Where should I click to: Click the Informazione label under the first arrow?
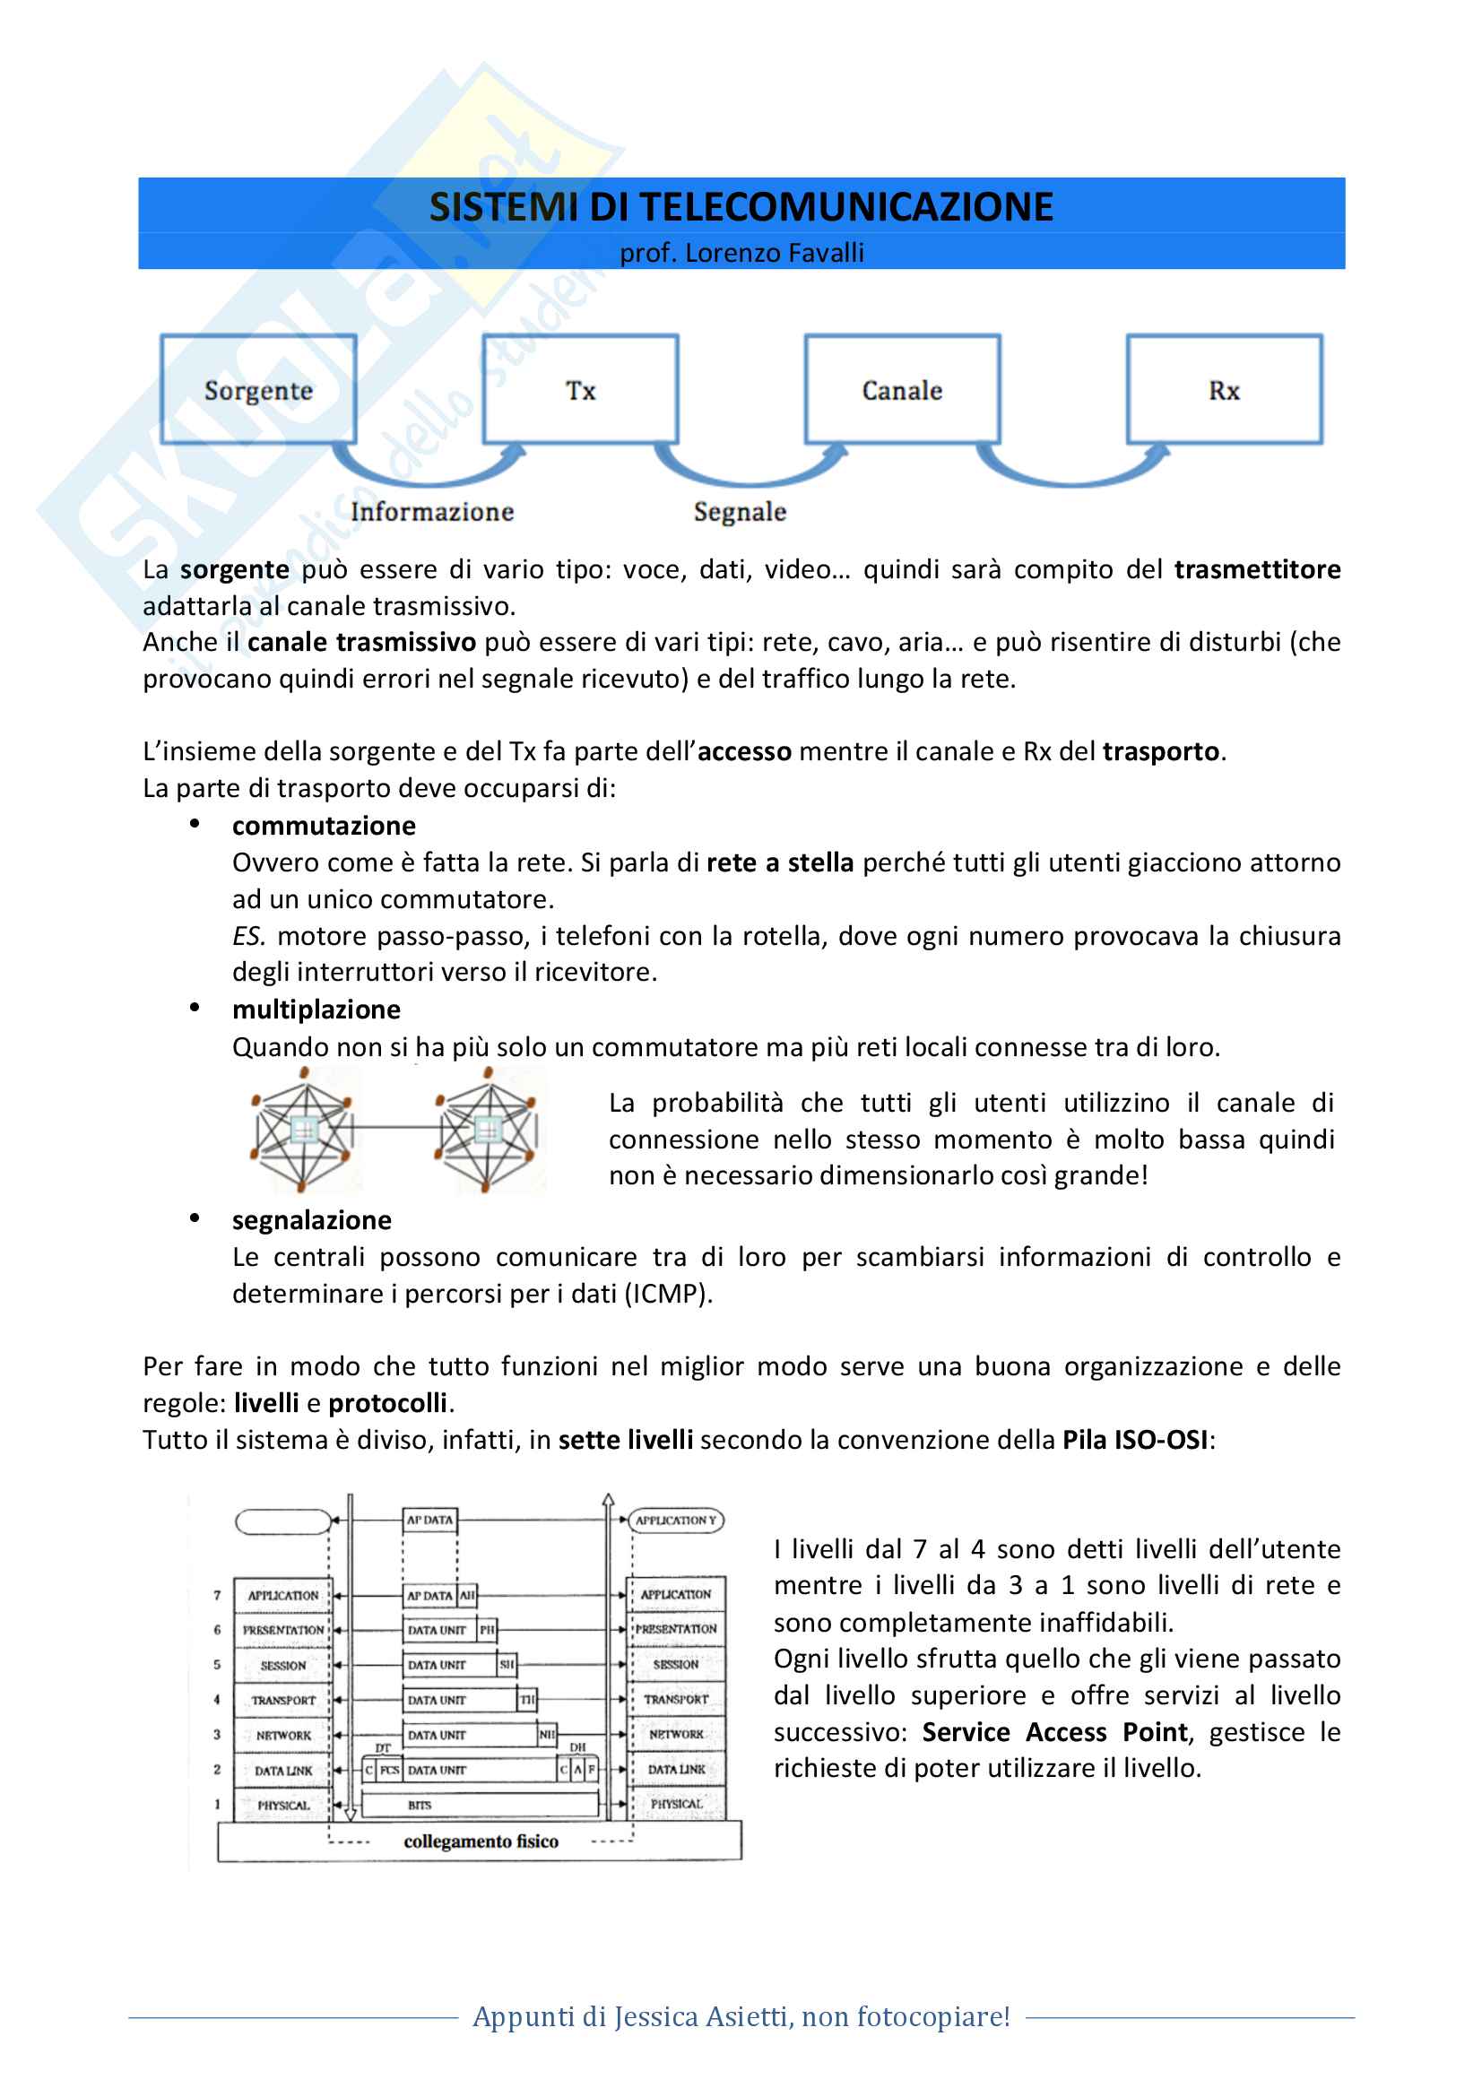432,511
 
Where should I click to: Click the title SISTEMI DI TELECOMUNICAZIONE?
741,207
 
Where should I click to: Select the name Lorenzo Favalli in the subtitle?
775,253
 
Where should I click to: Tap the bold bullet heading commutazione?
325,826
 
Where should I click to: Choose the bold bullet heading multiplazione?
316,1010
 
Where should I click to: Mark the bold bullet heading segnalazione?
311,1220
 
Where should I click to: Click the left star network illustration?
302,1131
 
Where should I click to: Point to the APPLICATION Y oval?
676,1520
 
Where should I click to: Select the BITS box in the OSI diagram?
481,1805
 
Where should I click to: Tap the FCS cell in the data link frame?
390,1770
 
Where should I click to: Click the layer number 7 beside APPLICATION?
217,1596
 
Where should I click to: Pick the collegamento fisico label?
481,1841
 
